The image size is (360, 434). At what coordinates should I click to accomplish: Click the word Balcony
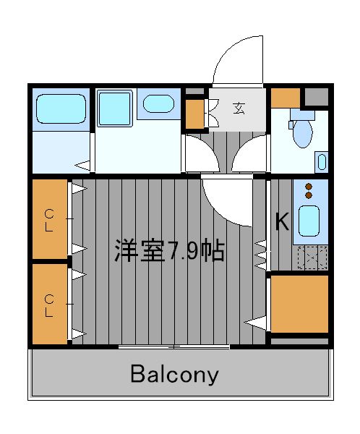tap(174, 374)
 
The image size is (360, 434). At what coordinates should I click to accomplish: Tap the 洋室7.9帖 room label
tap(169, 250)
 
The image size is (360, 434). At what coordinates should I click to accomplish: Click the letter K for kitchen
tap(282, 221)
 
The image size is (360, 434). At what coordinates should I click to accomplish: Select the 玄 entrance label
tap(239, 109)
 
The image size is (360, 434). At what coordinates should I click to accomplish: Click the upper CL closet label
tap(49, 221)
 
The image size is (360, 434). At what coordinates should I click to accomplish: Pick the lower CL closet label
tap(49, 305)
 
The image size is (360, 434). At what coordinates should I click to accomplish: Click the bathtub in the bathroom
tap(61, 109)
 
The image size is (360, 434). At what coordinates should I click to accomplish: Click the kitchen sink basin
tap(309, 221)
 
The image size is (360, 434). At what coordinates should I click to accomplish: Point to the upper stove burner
tap(309, 187)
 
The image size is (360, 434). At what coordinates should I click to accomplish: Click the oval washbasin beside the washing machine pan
tap(158, 103)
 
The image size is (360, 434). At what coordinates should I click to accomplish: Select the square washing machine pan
tap(114, 109)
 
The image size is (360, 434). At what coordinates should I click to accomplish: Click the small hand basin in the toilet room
tap(322, 162)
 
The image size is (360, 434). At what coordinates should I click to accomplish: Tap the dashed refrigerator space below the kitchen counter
tap(312, 258)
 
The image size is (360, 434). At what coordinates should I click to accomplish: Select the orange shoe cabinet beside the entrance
tap(194, 114)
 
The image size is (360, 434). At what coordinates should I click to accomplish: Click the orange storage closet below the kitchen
tap(299, 304)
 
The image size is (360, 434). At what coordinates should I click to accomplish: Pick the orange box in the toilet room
tap(286, 98)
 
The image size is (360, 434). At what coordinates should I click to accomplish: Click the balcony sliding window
tap(174, 346)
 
